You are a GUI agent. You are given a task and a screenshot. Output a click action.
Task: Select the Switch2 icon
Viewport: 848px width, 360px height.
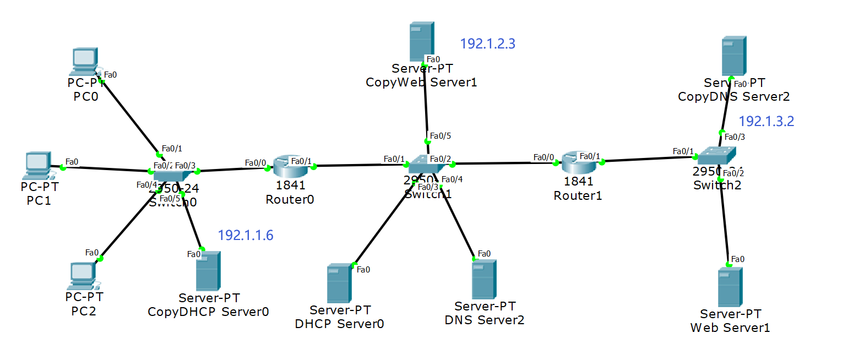(716, 156)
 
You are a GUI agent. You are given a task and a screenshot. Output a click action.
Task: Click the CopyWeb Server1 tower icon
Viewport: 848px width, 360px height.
(422, 41)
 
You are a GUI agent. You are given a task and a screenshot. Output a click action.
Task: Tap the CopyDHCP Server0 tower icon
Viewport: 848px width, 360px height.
(208, 271)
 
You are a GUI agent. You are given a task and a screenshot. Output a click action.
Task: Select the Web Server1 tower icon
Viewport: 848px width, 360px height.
(730, 287)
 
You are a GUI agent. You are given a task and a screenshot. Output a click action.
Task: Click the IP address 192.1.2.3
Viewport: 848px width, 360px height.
(487, 44)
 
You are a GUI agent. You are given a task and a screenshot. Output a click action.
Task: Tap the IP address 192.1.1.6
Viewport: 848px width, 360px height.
(246, 236)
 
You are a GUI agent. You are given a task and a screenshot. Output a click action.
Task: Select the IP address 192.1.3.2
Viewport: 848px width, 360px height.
(766, 122)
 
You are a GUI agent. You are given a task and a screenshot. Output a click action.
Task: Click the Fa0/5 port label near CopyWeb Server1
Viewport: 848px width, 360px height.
(440, 136)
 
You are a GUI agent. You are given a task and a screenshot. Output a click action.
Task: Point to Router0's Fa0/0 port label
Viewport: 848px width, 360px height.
(255, 163)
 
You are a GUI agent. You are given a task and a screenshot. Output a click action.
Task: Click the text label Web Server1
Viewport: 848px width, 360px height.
(730, 328)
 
